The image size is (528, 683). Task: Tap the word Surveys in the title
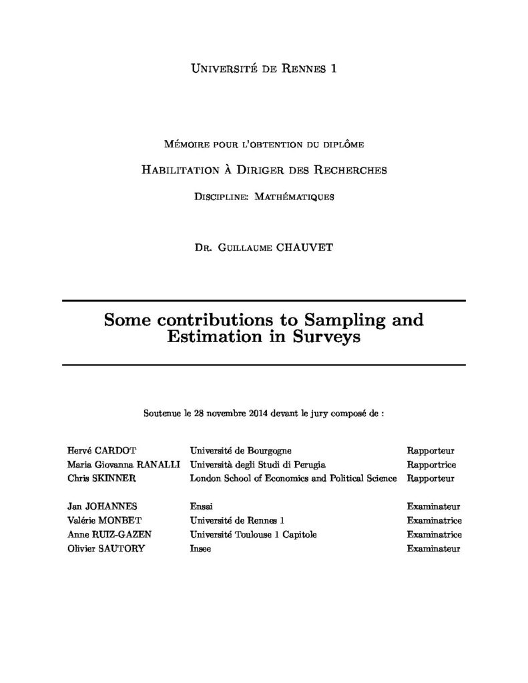click(x=324, y=337)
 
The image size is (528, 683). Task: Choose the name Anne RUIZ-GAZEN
click(x=110, y=534)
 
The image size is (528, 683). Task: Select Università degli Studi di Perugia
click(x=258, y=464)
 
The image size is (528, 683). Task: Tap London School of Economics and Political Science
click(x=293, y=478)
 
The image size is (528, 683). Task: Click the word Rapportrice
click(x=431, y=464)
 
